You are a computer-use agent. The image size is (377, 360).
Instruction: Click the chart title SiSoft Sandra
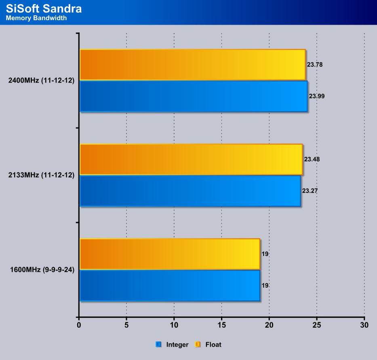(44, 9)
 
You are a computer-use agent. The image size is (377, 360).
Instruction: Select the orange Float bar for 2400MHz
(192, 65)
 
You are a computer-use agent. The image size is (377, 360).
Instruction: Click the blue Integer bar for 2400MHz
(193, 96)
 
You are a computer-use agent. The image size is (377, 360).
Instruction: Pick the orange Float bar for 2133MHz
(191, 159)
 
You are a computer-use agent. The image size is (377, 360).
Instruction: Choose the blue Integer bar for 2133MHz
(190, 191)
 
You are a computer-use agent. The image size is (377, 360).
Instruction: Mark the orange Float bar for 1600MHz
(170, 254)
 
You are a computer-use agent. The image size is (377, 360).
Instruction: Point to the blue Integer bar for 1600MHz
(170, 286)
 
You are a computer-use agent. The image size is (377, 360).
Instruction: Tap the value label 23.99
(317, 96)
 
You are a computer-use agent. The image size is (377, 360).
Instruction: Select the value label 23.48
(312, 159)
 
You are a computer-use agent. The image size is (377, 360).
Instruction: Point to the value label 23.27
(310, 191)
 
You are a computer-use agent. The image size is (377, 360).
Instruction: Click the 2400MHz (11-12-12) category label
(41, 80)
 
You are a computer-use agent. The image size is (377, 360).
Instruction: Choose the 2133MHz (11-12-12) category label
(41, 175)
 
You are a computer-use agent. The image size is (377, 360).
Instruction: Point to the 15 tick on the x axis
(221, 325)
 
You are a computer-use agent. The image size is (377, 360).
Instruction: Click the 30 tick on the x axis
(364, 325)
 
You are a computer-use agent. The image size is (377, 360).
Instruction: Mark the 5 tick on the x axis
(126, 325)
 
